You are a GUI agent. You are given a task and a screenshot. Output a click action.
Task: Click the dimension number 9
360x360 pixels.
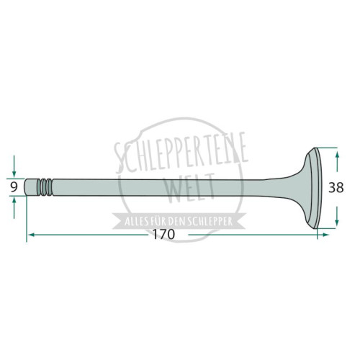(x=14, y=187)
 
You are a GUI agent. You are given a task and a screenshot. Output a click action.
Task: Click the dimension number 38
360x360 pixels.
(x=336, y=187)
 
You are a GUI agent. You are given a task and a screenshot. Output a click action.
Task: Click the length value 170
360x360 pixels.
(x=164, y=234)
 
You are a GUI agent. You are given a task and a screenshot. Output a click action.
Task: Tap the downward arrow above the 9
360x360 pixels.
(x=14, y=166)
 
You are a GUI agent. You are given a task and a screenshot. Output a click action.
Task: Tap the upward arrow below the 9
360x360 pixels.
(x=14, y=208)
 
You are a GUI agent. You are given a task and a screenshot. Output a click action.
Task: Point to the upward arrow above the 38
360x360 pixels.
(x=337, y=161)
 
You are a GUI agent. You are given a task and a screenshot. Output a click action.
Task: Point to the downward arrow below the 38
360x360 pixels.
(x=337, y=216)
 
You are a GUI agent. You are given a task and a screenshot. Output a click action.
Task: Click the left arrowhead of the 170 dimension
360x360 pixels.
(x=31, y=235)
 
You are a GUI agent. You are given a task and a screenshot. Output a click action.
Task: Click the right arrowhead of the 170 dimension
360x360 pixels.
(x=325, y=235)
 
